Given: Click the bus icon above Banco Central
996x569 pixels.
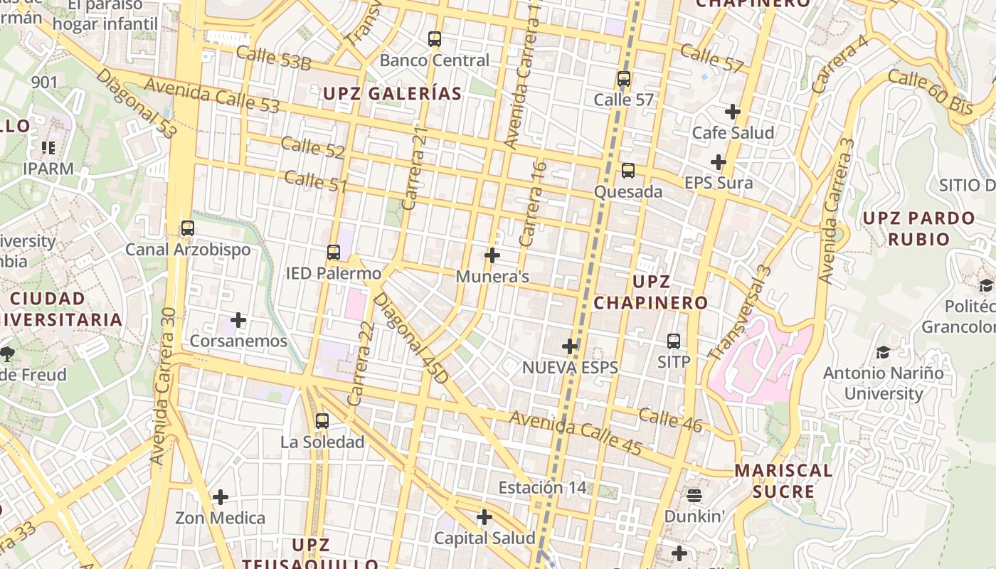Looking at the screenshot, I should click(x=434, y=39).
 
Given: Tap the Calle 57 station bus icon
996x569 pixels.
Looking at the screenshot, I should click(x=624, y=79).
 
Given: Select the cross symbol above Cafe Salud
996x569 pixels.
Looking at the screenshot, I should click(x=733, y=112).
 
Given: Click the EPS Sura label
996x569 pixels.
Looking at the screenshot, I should click(x=719, y=183).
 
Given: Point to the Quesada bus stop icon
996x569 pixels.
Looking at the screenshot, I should click(x=627, y=171).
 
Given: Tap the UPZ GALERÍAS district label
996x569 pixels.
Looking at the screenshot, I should click(x=392, y=93).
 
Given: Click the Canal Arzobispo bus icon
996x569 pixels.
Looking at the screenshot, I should click(x=188, y=229).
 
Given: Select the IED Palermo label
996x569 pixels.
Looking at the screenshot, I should click(x=333, y=273).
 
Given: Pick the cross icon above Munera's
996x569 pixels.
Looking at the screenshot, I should click(x=492, y=255).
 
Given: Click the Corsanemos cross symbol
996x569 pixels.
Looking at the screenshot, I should click(x=238, y=321).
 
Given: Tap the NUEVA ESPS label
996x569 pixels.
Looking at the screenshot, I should click(x=570, y=368).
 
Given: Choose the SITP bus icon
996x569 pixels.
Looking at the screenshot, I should click(x=673, y=341).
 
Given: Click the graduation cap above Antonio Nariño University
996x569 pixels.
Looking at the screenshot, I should click(x=883, y=352).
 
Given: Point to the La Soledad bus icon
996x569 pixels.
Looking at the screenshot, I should click(x=322, y=421).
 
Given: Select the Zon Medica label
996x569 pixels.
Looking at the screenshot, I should click(x=220, y=518).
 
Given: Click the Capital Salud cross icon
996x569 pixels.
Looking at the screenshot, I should click(x=484, y=517).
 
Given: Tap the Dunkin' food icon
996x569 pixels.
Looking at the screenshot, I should click(x=694, y=495).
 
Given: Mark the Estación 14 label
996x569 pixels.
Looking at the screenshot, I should click(x=542, y=488).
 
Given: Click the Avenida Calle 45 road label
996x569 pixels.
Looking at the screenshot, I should click(x=576, y=434).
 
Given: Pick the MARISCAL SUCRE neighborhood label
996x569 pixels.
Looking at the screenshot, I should click(x=783, y=481).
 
